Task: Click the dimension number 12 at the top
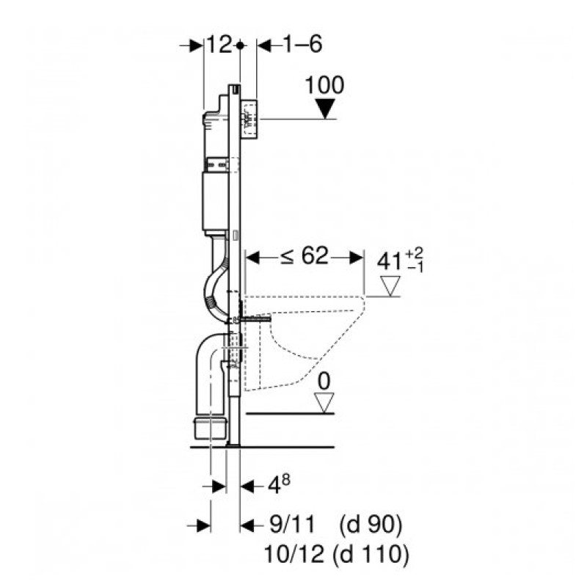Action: click(219, 45)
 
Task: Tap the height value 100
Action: click(324, 85)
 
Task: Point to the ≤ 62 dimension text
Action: click(305, 256)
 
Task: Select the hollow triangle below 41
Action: click(390, 286)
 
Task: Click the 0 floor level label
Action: click(324, 382)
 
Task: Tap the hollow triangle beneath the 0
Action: click(324, 403)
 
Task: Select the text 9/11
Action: click(292, 525)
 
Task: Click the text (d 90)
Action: click(371, 525)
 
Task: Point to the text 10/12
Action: click(294, 555)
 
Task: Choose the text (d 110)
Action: click(371, 555)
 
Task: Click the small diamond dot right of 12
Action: click(240, 45)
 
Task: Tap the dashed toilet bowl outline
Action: click(304, 343)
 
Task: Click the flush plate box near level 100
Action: click(249, 119)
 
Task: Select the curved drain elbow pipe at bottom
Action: click(211, 386)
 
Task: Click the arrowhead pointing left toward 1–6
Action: click(264, 46)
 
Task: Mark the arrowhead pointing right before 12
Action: click(196, 46)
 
